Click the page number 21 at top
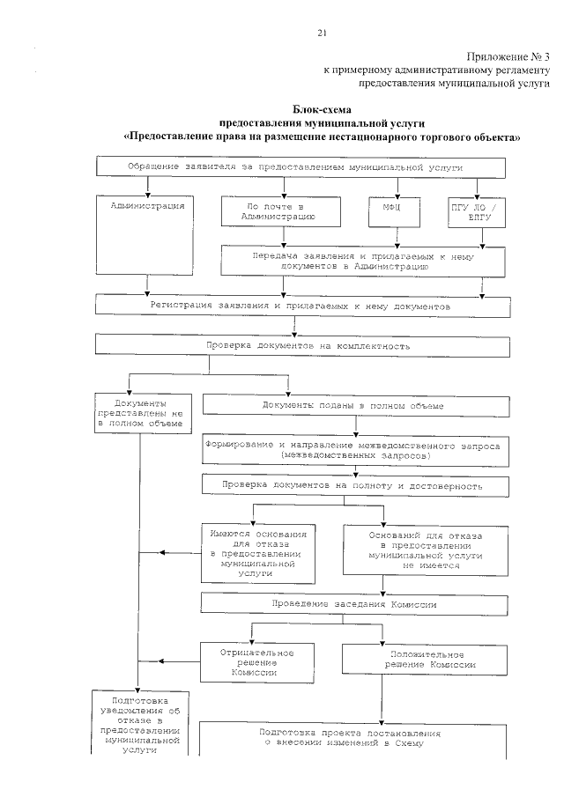(322, 33)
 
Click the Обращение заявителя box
(301, 167)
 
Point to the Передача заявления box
(363, 260)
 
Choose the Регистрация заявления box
(302, 305)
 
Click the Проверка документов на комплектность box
(302, 346)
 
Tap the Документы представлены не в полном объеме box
(140, 411)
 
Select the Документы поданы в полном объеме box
(354, 404)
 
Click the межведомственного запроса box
(354, 452)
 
